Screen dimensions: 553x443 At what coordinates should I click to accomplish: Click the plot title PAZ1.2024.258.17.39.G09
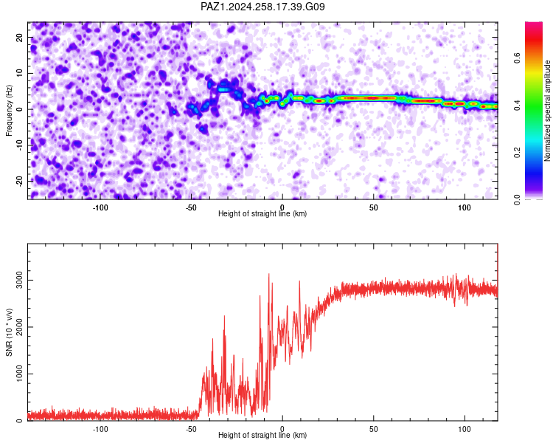tap(262, 7)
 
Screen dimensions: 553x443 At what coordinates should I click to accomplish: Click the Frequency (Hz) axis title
tap(9, 111)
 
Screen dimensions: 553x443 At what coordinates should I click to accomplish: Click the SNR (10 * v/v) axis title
tap(9, 332)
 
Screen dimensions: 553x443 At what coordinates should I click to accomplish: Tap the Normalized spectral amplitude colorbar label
tap(547, 111)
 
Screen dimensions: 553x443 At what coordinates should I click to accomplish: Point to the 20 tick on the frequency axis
tap(19, 37)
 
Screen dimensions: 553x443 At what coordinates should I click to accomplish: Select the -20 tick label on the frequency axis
tap(19, 182)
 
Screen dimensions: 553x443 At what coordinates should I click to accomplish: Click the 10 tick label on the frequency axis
tap(19, 73)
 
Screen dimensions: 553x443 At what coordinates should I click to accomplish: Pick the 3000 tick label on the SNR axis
tap(19, 280)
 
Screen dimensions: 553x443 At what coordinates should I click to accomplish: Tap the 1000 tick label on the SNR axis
tap(19, 374)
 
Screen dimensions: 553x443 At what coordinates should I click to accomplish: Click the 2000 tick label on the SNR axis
tap(19, 327)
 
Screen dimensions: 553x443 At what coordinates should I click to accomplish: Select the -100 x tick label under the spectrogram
tap(100, 207)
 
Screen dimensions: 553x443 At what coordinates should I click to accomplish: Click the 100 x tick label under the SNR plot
tap(465, 429)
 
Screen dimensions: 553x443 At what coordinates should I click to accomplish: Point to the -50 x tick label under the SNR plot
tap(191, 429)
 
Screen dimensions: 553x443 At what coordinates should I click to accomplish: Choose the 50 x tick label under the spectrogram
tap(374, 207)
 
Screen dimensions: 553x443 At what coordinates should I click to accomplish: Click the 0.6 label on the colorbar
tap(517, 58)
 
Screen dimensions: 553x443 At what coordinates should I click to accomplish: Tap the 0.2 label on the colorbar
tap(517, 152)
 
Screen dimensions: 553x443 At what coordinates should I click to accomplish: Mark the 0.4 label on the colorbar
tap(517, 105)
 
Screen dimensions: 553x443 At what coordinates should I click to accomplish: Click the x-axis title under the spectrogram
tap(262, 213)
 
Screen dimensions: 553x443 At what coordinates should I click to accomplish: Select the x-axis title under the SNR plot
tap(262, 435)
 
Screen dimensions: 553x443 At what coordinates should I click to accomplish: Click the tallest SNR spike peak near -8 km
tap(268, 274)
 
